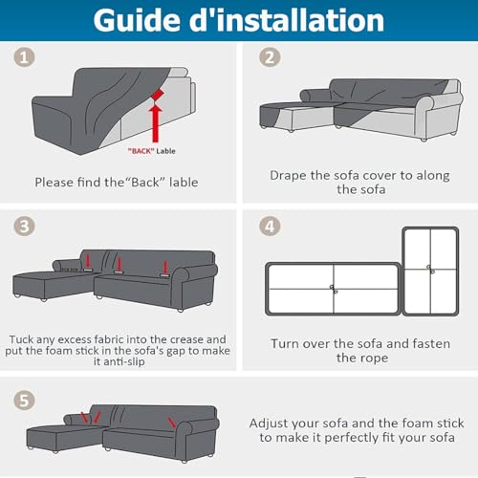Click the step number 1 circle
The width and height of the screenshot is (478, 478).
pos(24,57)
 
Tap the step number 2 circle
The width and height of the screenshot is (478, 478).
pos(270,57)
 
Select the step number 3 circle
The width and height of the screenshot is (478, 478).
pos(24,227)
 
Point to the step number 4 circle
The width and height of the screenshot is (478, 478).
pos(270,227)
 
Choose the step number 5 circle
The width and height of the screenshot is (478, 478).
pos(24,401)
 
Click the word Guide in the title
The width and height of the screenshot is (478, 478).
pos(138,20)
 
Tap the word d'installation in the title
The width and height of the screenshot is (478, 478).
pos(287,20)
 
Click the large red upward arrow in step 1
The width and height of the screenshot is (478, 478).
pos(156,123)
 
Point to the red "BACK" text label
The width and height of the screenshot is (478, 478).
pos(141,151)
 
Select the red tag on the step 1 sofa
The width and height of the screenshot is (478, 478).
pos(157,95)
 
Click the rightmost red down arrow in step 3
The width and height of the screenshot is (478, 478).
pos(165,267)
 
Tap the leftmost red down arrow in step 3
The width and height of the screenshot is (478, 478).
pos(88,261)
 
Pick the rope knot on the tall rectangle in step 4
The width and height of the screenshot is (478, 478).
pos(430,270)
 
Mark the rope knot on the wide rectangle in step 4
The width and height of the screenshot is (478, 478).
pos(334,290)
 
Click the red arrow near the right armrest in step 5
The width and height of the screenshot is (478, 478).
pos(172,423)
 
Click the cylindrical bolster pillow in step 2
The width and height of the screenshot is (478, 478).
pos(315,95)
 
